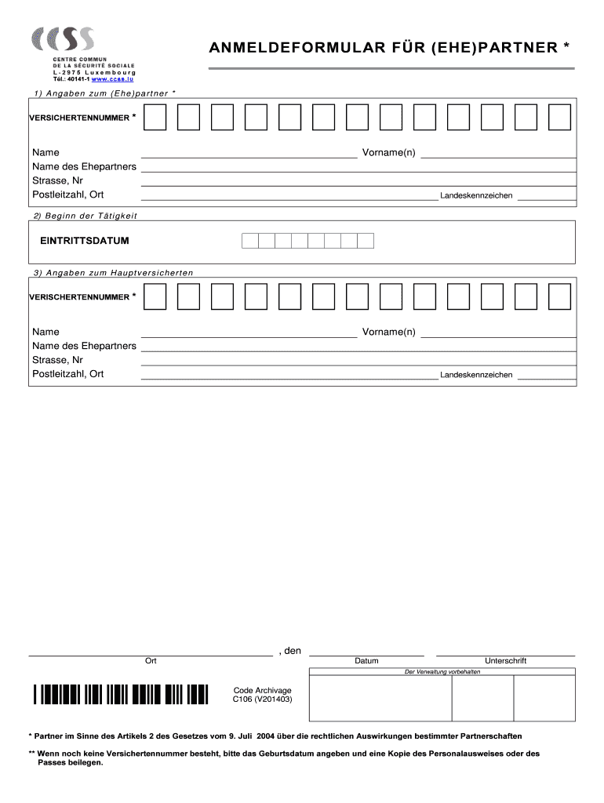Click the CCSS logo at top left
click(63, 40)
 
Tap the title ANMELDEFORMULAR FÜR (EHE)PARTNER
click(389, 49)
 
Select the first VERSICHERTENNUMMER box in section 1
click(155, 118)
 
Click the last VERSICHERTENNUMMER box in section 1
click(559, 118)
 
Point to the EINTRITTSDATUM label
click(85, 241)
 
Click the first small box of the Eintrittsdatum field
click(249, 241)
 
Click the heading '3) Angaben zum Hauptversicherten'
click(113, 272)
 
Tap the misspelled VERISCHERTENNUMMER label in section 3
click(79, 297)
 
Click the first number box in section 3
click(155, 297)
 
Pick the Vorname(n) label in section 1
click(388, 152)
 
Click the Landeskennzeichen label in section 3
click(476, 375)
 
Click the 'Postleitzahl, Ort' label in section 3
click(68, 374)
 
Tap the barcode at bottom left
click(121, 695)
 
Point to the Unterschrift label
click(505, 661)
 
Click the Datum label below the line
click(366, 661)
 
